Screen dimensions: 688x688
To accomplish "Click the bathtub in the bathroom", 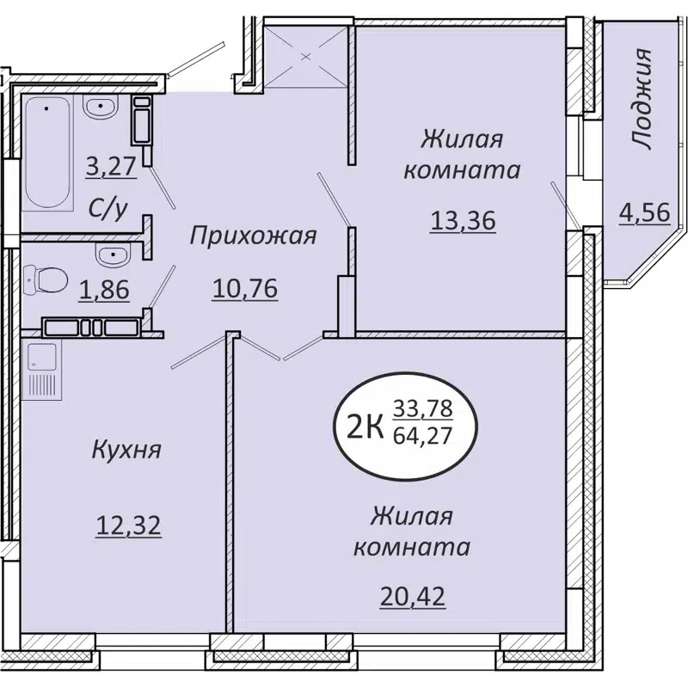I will (46, 154).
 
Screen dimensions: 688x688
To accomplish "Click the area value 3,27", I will (111, 164).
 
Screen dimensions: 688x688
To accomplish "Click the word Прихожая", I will (254, 235).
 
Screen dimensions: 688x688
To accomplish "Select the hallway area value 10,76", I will (245, 288).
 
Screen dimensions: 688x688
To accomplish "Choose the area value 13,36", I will (463, 221).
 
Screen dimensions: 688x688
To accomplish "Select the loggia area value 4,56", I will (643, 211).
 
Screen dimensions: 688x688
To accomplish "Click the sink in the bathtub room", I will (101, 109).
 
